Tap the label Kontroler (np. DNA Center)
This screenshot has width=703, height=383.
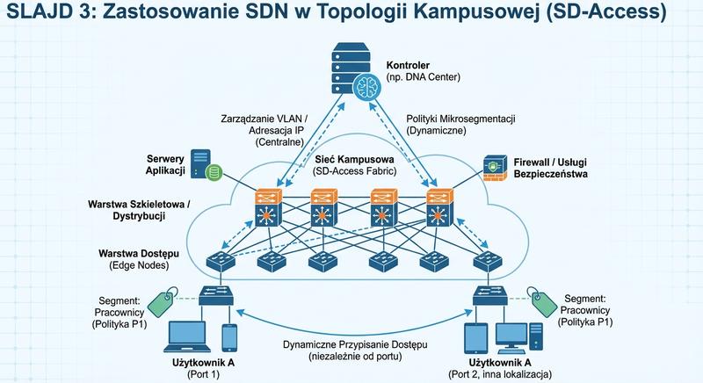click(422, 71)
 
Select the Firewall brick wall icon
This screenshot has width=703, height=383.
click(493, 170)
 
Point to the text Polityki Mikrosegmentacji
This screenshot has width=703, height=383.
click(460, 118)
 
